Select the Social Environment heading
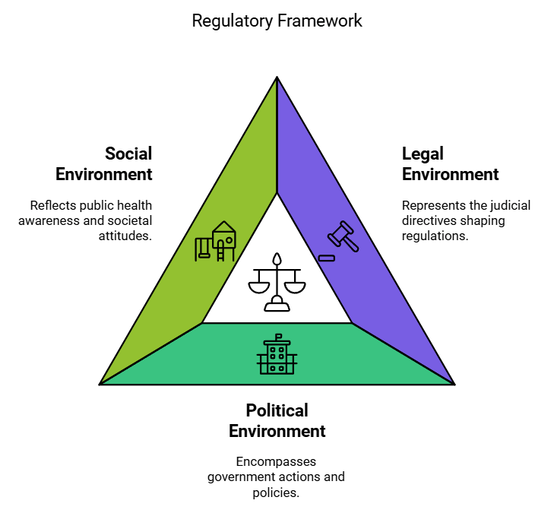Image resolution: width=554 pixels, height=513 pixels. [104, 163]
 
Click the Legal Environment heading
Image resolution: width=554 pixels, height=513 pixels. [450, 163]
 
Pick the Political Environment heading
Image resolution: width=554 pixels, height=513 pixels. [277, 420]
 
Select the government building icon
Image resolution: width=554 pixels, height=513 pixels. [277, 354]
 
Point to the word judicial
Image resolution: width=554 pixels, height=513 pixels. [510, 205]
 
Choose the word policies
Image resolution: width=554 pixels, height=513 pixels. [277, 492]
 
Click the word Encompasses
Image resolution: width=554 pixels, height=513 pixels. [277, 461]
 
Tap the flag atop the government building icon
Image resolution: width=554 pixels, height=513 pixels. [278, 336]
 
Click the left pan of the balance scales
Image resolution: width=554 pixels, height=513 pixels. [258, 287]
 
